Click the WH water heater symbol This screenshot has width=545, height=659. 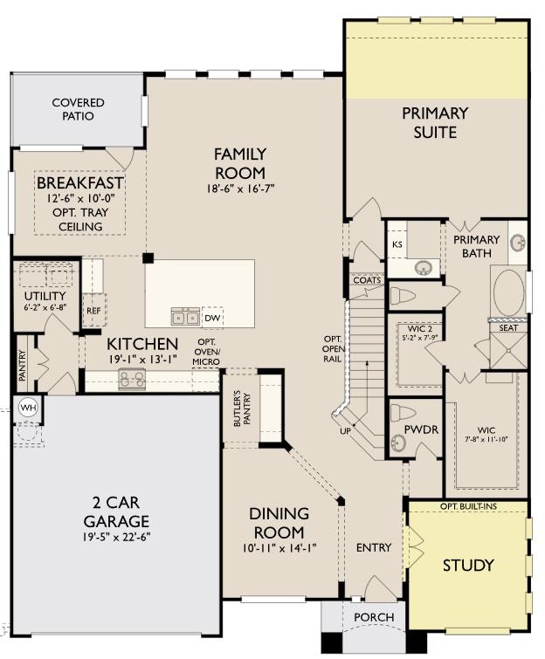click(27, 407)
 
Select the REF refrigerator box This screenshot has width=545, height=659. click(93, 310)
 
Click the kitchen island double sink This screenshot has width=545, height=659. click(184, 315)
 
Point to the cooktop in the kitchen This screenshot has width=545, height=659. click(132, 379)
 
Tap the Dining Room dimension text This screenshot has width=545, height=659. click(277, 548)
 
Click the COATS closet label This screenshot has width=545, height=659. click(367, 280)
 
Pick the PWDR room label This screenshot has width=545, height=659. click(421, 430)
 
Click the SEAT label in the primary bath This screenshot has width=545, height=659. click(508, 328)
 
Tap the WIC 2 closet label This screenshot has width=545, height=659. click(417, 326)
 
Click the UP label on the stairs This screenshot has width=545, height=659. click(347, 431)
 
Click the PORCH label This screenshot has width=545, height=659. click(373, 617)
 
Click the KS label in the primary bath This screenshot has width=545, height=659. click(397, 245)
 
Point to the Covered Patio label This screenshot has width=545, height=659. click(78, 109)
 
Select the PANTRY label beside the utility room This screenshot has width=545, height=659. click(24, 367)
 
